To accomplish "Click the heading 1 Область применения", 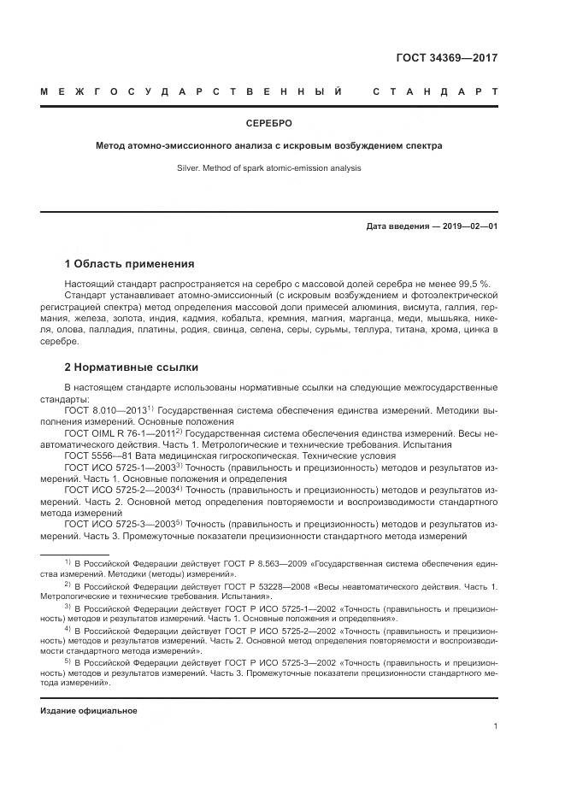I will (x=129, y=263).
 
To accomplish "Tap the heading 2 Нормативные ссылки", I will (x=131, y=367).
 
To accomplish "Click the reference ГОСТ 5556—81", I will (x=95, y=457).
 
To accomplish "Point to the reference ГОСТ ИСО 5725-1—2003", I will (x=119, y=468).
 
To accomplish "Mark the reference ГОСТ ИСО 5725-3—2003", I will (x=119, y=524).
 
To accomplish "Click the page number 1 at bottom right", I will (x=495, y=726).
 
